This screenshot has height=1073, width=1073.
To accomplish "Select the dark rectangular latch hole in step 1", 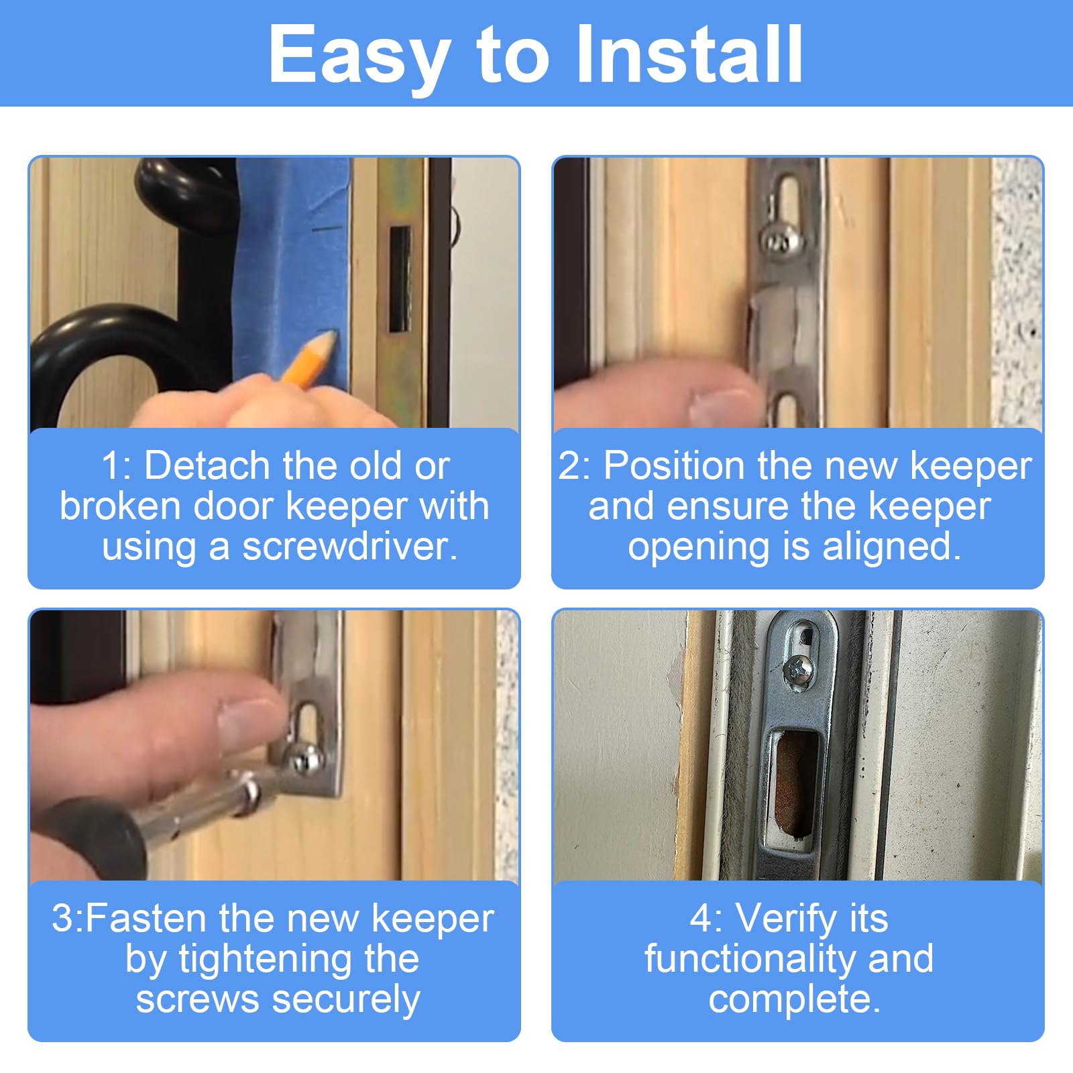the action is (400, 279).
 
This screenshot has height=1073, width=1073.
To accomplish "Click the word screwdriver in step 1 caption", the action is (349, 546).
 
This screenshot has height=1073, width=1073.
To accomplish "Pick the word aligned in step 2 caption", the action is (891, 547).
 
